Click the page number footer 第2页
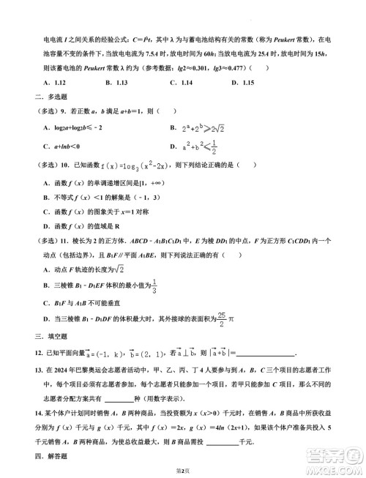pos(183,470)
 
